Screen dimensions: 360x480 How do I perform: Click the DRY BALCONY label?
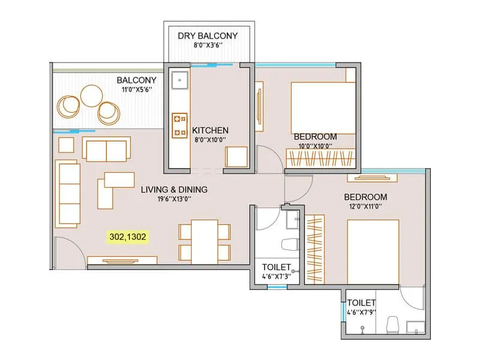point(208,36)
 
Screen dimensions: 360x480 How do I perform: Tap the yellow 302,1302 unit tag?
point(127,236)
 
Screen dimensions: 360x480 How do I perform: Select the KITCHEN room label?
point(210,130)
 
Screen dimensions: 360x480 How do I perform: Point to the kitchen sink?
point(179,80)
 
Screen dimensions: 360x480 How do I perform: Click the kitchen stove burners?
point(179,125)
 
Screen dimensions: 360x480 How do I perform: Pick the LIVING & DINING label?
point(174,190)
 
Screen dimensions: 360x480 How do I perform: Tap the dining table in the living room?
point(205,241)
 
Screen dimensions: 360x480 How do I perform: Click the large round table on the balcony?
point(92,95)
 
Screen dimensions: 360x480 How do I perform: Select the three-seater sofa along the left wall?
point(68,193)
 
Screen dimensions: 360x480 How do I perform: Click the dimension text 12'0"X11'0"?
point(365,207)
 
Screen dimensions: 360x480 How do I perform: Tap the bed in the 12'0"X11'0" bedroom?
point(373,252)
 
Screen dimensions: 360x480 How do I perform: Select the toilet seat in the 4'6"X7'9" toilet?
point(394,325)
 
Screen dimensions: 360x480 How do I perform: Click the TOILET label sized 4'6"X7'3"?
point(277,267)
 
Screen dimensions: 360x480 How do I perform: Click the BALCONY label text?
point(137,80)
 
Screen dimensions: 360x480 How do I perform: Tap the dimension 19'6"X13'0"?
point(174,200)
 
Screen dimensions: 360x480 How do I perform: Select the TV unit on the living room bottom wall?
point(122,260)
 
